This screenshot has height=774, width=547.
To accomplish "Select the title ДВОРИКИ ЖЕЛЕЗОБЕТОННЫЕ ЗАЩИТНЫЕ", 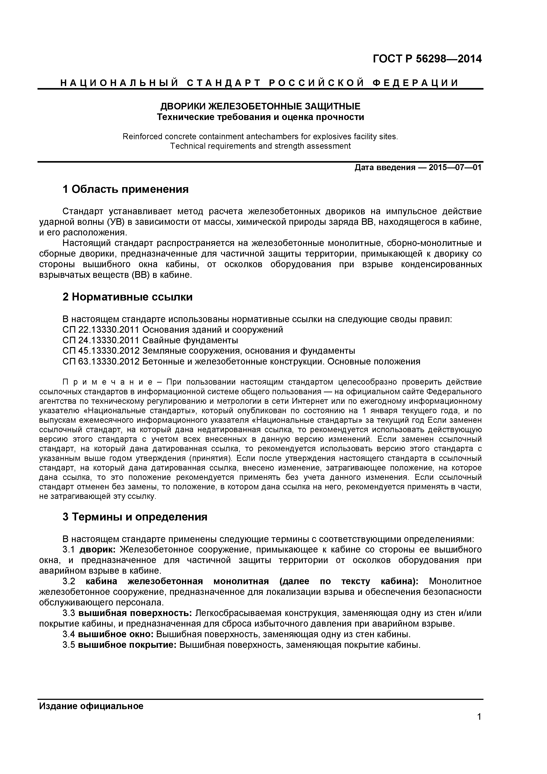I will coord(260,107).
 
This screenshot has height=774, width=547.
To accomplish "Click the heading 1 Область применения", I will coord(125,190).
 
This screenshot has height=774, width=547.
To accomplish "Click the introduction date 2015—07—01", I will coord(455,167).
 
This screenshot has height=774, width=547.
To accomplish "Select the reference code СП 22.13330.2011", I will coord(101,329).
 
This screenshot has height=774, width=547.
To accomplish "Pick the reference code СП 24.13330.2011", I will coord(101,340).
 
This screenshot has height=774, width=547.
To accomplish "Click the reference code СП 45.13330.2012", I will coord(101,351).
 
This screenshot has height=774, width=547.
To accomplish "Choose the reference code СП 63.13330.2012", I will coord(101,362).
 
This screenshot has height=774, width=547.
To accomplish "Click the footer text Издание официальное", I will coord(91,706).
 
